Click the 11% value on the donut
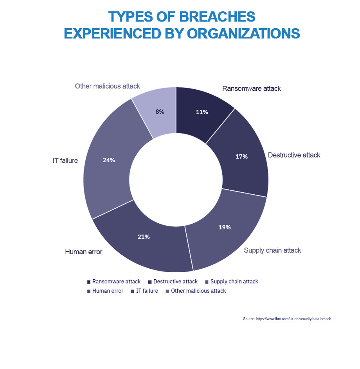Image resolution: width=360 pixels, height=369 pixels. coord(202,112)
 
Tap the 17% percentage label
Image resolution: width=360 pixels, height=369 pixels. coord(241,157)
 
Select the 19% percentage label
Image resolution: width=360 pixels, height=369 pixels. coord(225,227)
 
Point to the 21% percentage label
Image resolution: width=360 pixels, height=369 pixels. coord(144,237)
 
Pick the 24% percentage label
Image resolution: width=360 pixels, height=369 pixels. coord(109,160)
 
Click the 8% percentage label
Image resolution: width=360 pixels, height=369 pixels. coord(160,112)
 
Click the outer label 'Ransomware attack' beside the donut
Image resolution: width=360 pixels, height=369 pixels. coord(252,89)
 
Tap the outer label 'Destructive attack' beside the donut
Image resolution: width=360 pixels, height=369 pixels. coord(294,155)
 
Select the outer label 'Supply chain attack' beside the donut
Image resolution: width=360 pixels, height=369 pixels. coord(272,250)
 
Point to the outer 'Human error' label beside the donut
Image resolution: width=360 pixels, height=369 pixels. coord(84,252)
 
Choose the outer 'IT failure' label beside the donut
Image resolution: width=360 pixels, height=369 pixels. coord(65,161)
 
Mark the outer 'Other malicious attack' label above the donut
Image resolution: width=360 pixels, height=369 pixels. coord(108,86)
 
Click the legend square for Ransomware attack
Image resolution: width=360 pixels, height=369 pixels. coord(89,282)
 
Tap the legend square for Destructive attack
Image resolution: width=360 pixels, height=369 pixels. coord(150,282)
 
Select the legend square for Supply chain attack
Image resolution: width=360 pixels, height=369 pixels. coord(207,282)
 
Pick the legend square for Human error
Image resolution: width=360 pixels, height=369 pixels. coord(89,291)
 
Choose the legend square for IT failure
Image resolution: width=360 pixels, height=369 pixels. coord(132,291)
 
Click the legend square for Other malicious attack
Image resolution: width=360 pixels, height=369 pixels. coord(167,291)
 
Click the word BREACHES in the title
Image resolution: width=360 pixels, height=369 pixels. coord(217,17)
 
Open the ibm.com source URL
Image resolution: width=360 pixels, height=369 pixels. coord(293,318)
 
